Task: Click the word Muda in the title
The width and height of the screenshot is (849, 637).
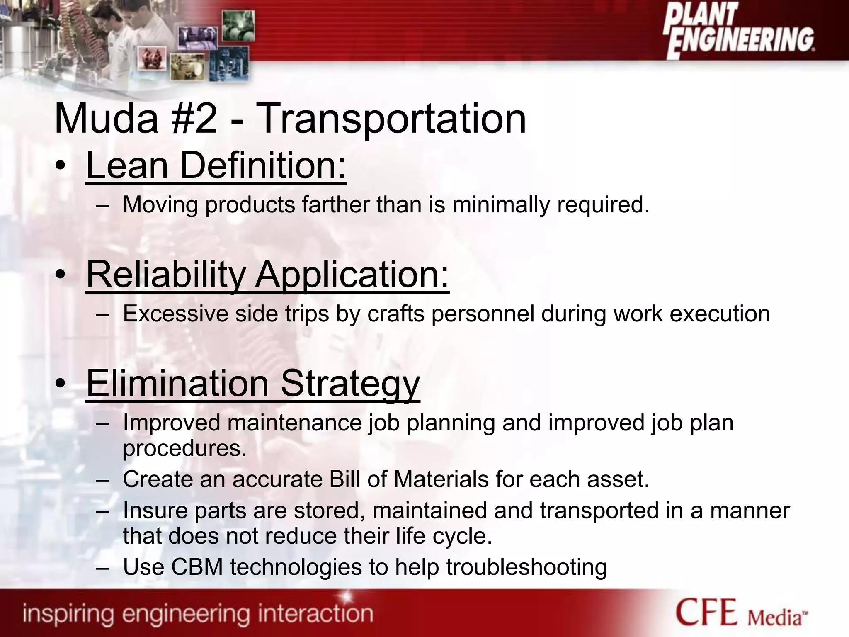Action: point(106,119)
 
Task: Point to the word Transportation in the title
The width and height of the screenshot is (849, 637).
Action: point(392,119)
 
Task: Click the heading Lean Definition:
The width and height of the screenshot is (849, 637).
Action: point(216,166)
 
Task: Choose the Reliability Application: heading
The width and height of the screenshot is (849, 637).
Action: point(268,275)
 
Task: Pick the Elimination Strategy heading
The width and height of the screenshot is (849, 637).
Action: point(253,383)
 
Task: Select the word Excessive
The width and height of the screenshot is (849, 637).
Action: point(175,314)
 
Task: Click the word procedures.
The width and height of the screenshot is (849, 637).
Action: point(185,449)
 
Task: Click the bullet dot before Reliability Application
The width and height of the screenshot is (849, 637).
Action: point(61,275)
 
